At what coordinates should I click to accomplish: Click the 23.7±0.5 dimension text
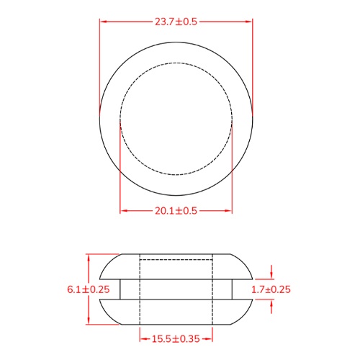pyautogui.click(x=176, y=22)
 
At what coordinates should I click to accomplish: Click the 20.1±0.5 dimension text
pyautogui.click(x=176, y=210)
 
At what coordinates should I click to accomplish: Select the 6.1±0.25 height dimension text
pyautogui.click(x=88, y=289)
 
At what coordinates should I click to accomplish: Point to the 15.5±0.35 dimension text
pyautogui.click(x=176, y=338)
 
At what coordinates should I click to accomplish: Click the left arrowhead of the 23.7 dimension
pyautogui.click(x=103, y=22)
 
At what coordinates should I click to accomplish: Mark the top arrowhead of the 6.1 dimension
pyautogui.click(x=88, y=257)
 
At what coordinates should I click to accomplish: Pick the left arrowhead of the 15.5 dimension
pyautogui.click(x=142, y=338)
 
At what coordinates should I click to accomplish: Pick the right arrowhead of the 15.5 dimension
pyautogui.click(x=210, y=338)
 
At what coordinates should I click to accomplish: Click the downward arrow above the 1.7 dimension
pyautogui.click(x=271, y=276)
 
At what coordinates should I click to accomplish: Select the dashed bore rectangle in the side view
pyautogui.click(x=176, y=289)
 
